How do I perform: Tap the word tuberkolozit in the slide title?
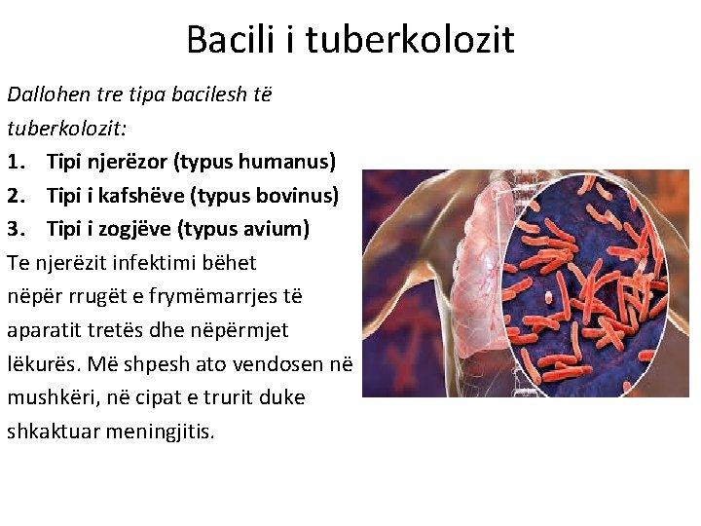pyautogui.click(x=410, y=40)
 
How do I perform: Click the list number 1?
pyautogui.click(x=17, y=161)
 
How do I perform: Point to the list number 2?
pyautogui.click(x=17, y=195)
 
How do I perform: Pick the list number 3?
pyautogui.click(x=17, y=229)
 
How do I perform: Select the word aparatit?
pyautogui.click(x=45, y=330)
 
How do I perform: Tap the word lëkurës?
pyautogui.click(x=40, y=364)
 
